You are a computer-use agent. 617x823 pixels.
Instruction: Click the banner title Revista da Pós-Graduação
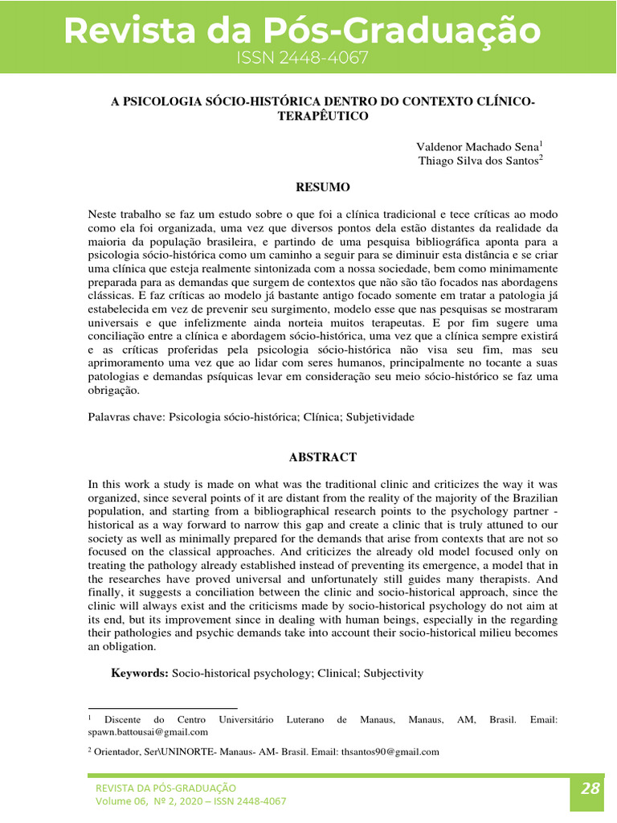pyautogui.click(x=302, y=31)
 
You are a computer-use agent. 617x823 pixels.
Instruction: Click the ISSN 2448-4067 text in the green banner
pyautogui.click(x=302, y=58)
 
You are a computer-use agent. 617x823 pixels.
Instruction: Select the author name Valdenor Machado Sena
pyautogui.click(x=477, y=146)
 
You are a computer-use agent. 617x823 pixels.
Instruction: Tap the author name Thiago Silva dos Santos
pyautogui.click(x=479, y=161)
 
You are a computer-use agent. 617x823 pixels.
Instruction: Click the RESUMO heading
pyautogui.click(x=323, y=187)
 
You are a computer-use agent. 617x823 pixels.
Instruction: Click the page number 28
pyautogui.click(x=590, y=788)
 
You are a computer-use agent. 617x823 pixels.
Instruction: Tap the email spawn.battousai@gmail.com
pyautogui.click(x=148, y=732)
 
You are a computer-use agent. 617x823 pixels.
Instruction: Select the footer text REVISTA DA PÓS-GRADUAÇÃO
pyautogui.click(x=166, y=788)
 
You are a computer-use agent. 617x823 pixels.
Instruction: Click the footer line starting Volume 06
pyautogui.click(x=190, y=801)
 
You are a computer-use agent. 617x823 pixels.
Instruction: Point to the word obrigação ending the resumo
pyautogui.click(x=114, y=391)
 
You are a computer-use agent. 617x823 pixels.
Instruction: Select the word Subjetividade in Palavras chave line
pyautogui.click(x=380, y=418)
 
